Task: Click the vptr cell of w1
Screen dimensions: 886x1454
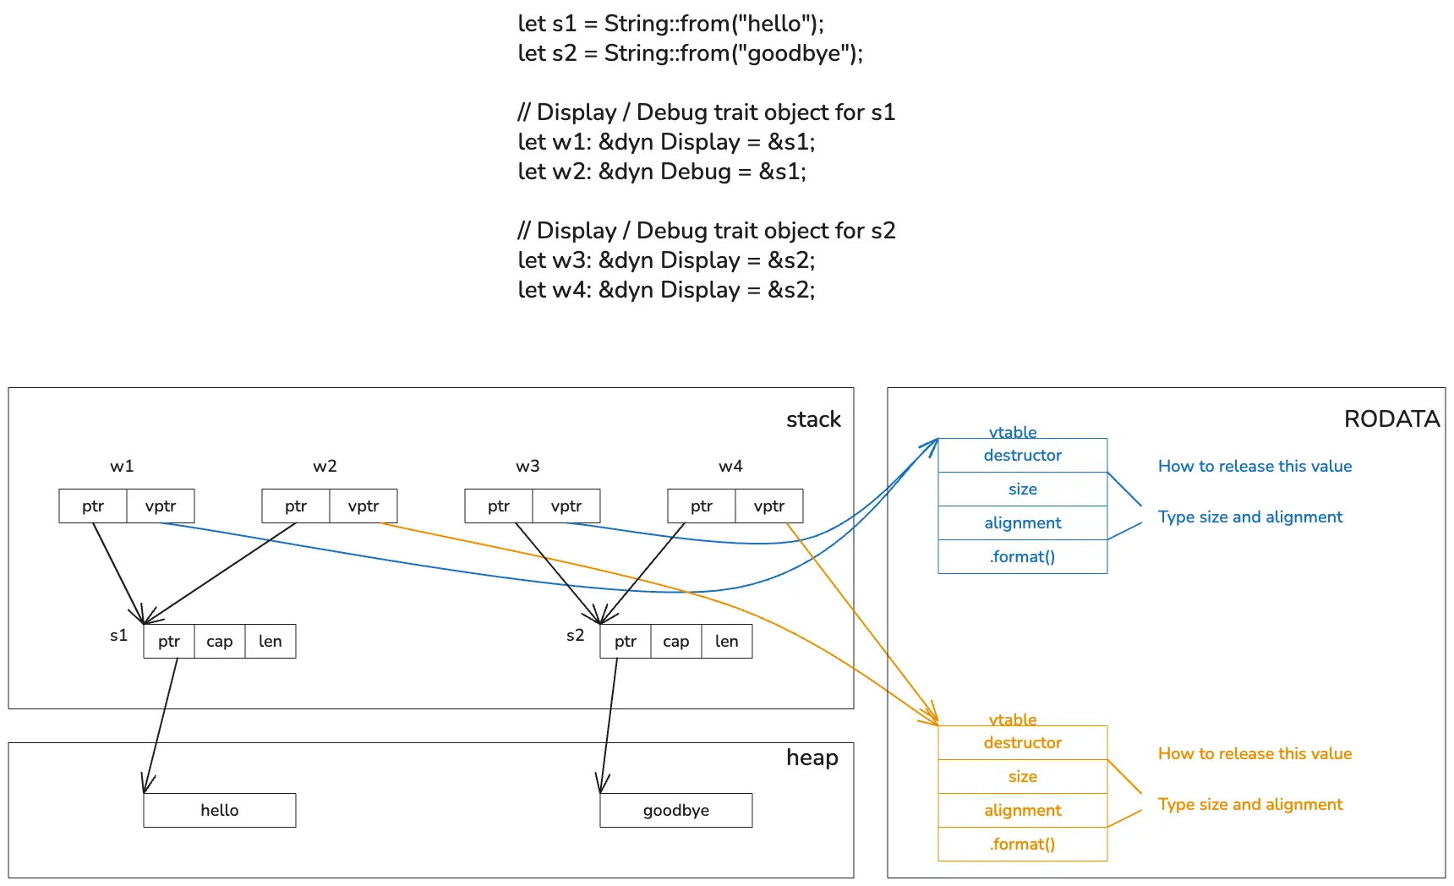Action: tap(161, 506)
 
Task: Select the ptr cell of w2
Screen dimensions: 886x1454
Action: tap(296, 506)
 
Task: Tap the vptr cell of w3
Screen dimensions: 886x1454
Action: tap(566, 506)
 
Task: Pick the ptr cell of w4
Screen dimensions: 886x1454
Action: tap(702, 506)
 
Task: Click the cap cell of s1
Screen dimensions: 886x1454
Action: tap(220, 641)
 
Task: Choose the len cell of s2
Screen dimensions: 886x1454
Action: tap(727, 641)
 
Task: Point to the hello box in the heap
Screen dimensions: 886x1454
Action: tap(220, 810)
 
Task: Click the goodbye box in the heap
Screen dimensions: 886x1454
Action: tap(676, 810)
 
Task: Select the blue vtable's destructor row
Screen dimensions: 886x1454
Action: tap(1023, 455)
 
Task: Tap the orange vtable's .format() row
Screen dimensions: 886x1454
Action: tap(1023, 844)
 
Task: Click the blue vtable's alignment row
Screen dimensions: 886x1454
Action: tap(1023, 522)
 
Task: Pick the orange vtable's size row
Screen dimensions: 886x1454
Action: tap(1023, 776)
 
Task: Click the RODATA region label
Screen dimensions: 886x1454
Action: tap(1391, 418)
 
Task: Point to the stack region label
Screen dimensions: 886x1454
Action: tap(813, 419)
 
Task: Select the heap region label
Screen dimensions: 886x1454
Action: tap(812, 757)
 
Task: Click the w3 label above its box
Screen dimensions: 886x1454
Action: tap(527, 466)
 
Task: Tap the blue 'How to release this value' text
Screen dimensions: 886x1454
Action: tap(1254, 466)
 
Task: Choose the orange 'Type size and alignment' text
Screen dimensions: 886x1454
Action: tap(1249, 804)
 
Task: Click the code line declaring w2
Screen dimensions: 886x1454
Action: tap(662, 172)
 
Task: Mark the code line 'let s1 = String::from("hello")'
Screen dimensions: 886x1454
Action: tap(670, 24)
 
